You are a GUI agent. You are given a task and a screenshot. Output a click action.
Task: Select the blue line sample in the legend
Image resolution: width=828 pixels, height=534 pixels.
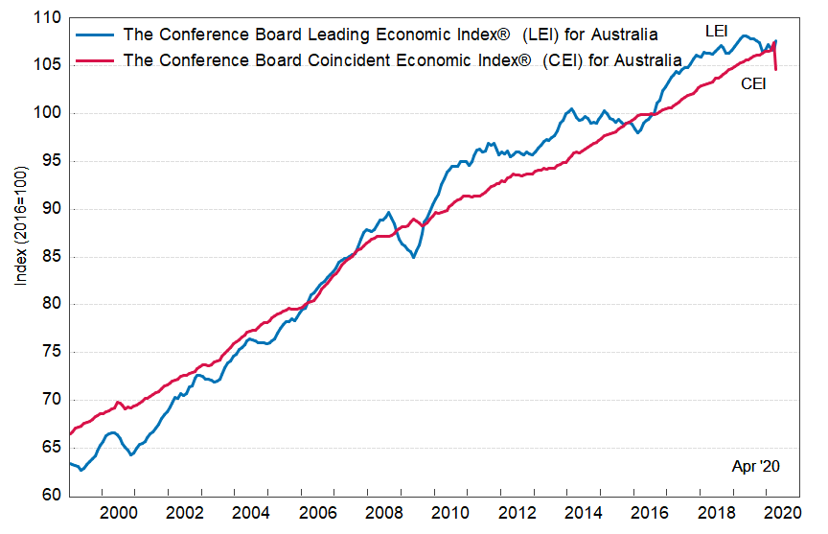pos(95,35)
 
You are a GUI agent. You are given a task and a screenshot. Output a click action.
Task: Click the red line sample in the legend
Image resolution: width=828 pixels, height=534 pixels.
pos(95,59)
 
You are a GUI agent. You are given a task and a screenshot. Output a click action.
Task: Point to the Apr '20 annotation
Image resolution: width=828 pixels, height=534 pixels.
pos(757,467)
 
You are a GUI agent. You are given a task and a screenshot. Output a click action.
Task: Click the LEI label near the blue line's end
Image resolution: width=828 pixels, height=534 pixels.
pos(716,32)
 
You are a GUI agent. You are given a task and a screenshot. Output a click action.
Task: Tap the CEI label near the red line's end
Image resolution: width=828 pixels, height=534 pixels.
pos(754,84)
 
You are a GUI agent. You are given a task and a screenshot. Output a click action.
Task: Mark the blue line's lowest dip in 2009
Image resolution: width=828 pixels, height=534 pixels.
pos(413,257)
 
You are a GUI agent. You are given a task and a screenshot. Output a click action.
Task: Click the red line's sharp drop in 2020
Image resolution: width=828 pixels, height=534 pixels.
pos(775,67)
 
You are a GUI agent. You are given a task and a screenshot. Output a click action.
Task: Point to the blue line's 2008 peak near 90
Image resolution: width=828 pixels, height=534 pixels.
pos(388,213)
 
